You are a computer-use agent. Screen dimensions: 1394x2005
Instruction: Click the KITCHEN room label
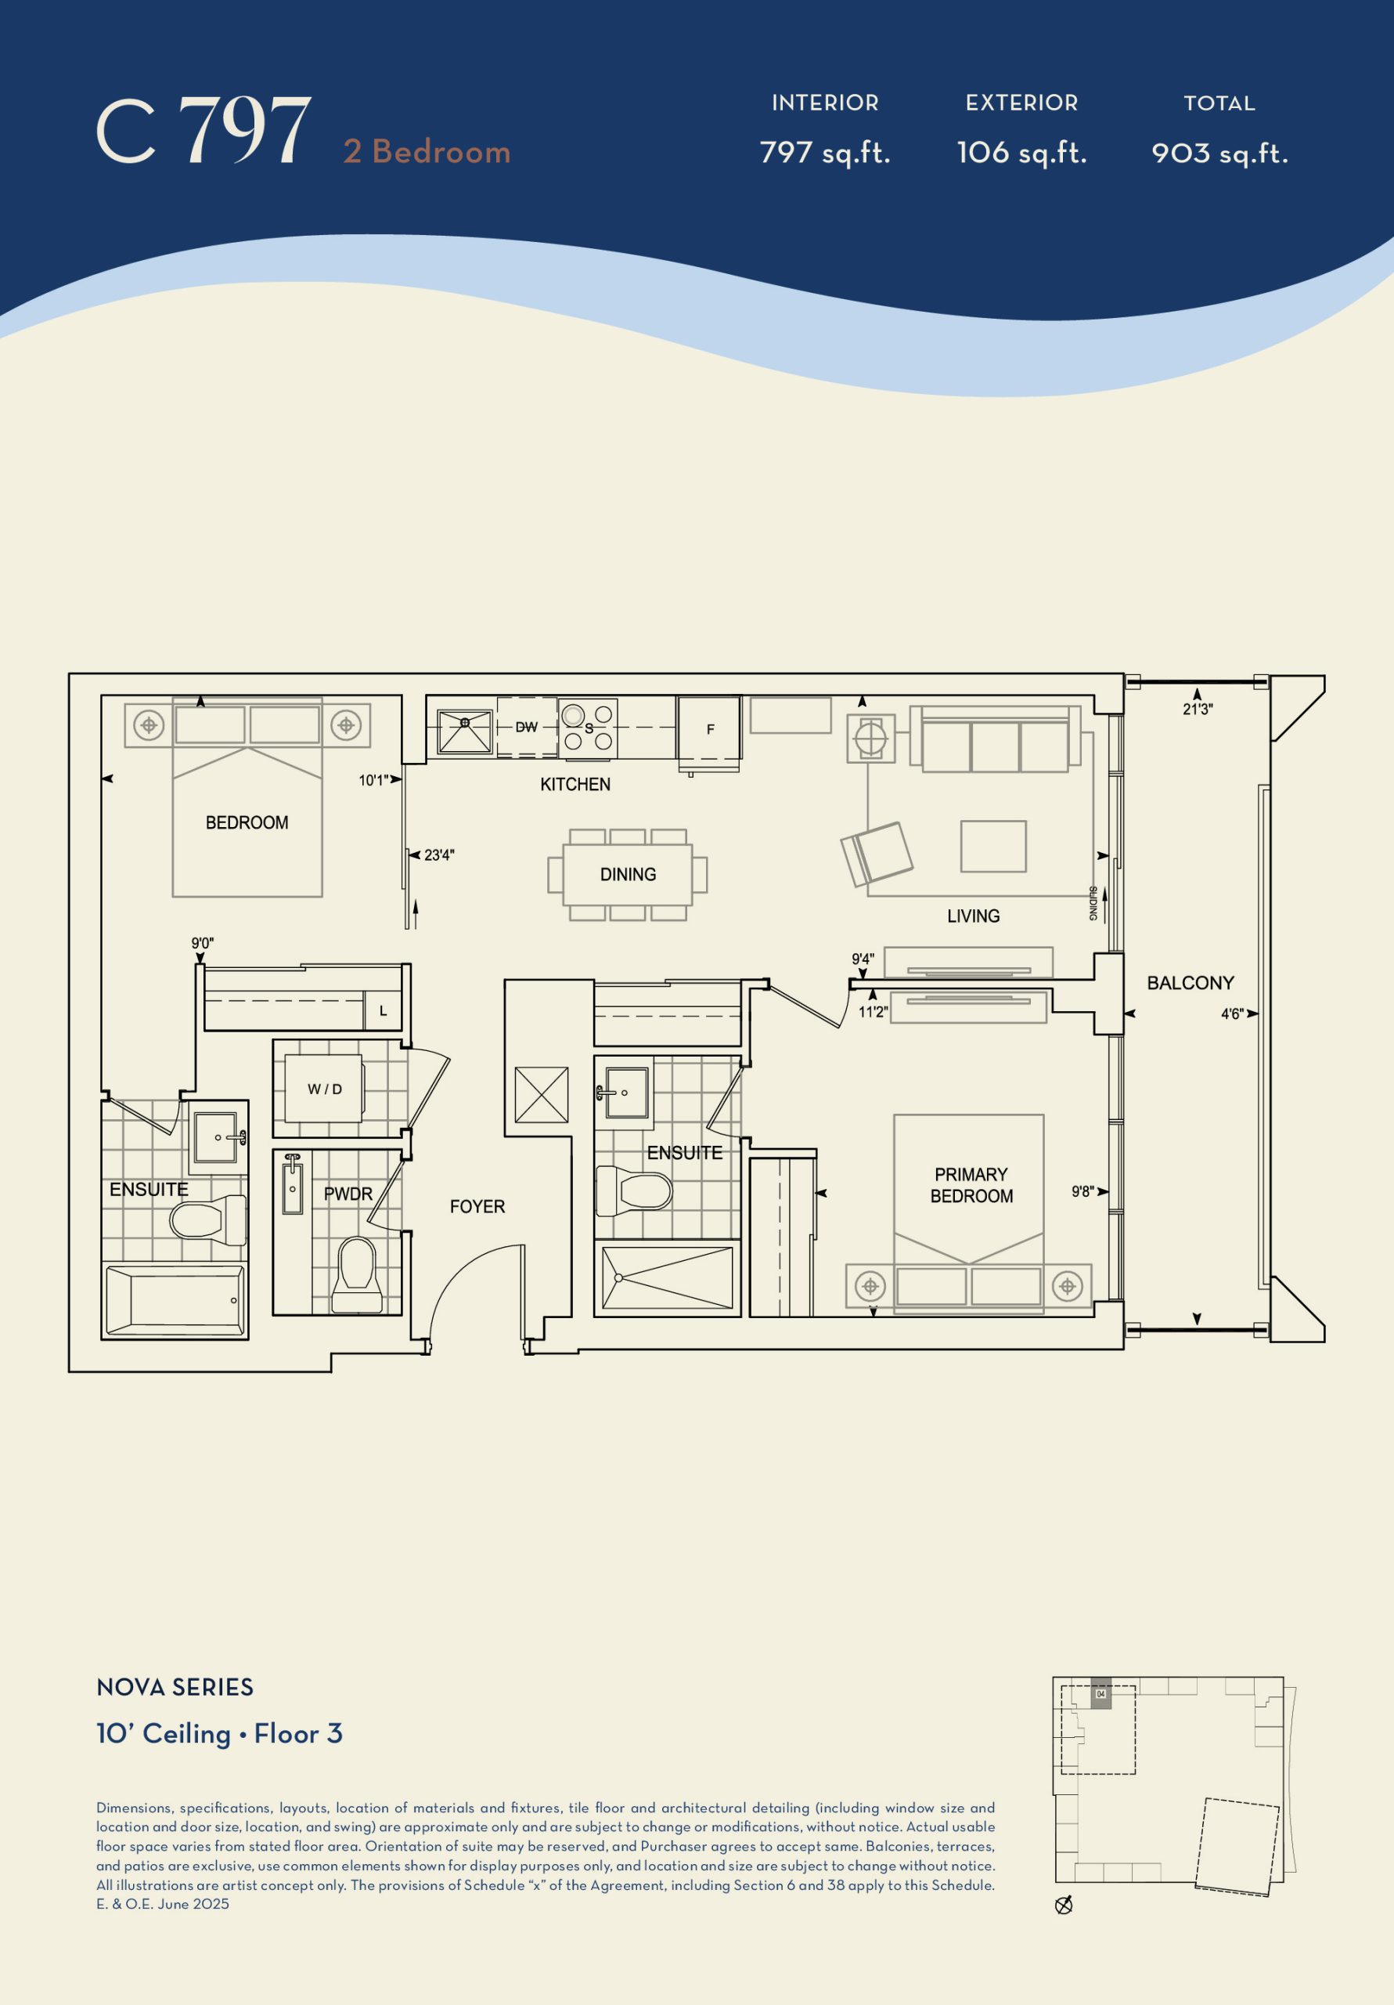coord(575,784)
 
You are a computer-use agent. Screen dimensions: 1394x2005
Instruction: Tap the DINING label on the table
coord(628,874)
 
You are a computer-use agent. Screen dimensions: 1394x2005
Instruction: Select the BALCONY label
coord(1190,983)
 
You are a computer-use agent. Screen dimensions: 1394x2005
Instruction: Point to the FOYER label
coord(477,1206)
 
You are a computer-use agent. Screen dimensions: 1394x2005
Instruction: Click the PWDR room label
coord(348,1194)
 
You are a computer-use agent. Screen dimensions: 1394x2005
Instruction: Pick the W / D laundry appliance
coord(324,1088)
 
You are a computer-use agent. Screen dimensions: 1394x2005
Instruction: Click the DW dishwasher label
coord(526,727)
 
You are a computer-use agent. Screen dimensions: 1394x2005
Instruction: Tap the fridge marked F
coord(709,728)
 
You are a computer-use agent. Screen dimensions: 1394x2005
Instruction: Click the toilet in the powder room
coord(356,1274)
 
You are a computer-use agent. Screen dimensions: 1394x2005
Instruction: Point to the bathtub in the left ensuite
coord(175,1301)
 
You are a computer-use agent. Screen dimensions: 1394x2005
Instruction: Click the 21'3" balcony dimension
coord(1198,709)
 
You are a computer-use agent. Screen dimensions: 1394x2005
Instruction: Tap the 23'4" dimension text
coord(439,855)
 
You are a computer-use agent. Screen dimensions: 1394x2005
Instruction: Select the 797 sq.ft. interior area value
coord(825,153)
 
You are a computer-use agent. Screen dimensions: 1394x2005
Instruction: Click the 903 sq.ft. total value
coord(1219,154)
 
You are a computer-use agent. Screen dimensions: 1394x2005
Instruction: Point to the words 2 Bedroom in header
coord(427,151)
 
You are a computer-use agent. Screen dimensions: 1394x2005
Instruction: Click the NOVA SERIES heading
coord(175,1686)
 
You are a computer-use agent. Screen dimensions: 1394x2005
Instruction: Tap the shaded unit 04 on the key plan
coord(1100,1693)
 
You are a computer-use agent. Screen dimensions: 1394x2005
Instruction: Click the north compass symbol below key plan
coord(1064,1906)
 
